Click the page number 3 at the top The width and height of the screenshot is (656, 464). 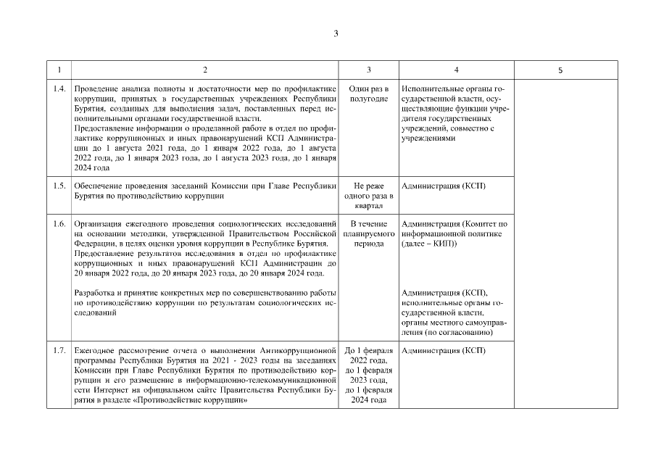click(336, 33)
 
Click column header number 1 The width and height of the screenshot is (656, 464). click(59, 70)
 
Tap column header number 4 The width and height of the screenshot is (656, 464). click(455, 70)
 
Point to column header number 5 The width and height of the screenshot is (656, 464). click(560, 70)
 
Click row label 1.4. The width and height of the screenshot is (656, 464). click(60, 88)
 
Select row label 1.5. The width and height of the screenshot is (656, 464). click(60, 186)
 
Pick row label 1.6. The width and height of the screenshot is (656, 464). click(60, 223)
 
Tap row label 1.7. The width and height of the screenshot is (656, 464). click(60, 351)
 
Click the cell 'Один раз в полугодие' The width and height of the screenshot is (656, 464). click(368, 94)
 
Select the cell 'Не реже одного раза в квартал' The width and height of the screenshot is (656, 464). click(368, 196)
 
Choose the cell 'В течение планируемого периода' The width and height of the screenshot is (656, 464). click(368, 233)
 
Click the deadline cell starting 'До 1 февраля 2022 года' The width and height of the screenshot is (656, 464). click(368, 376)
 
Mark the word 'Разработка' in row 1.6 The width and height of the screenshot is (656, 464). click(97, 292)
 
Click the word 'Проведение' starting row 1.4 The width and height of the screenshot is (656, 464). click(98, 88)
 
